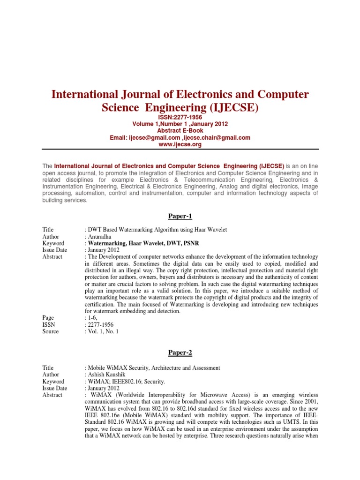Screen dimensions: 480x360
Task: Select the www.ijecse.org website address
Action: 180,144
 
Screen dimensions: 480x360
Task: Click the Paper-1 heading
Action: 180,216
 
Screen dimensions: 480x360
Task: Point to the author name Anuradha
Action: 100,237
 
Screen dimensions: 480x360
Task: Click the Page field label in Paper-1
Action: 48,317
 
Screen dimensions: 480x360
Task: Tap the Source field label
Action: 51,331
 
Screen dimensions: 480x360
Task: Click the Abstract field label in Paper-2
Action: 52,395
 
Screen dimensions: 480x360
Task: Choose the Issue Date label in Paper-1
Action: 54,250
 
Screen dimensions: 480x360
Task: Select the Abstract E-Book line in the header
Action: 180,131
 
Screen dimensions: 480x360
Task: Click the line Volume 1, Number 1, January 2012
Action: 180,124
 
